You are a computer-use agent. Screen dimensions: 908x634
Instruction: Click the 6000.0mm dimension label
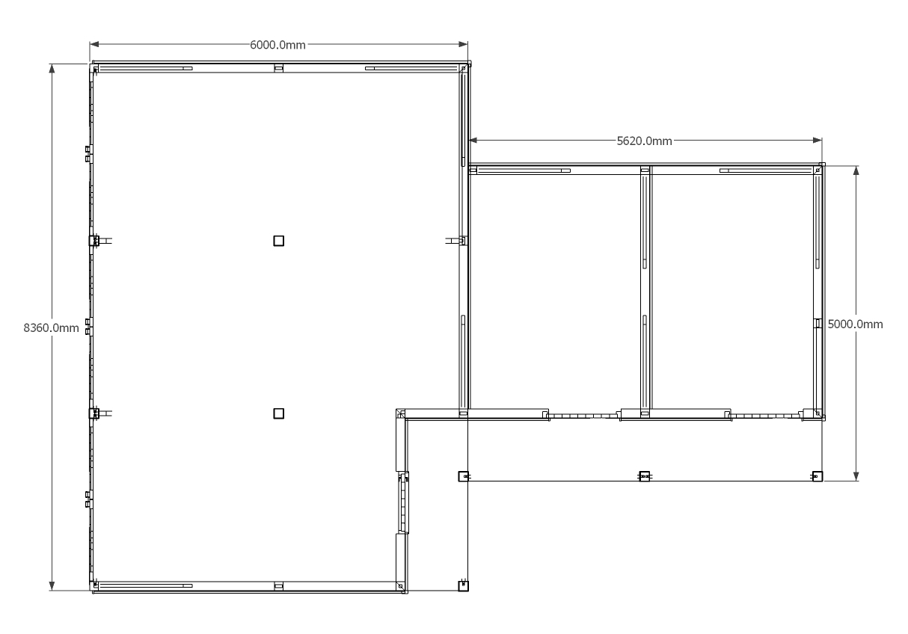pyautogui.click(x=277, y=45)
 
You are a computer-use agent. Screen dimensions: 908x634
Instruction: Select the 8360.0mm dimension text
pyautogui.click(x=51, y=327)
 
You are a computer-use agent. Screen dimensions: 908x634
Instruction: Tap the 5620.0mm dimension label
pyautogui.click(x=644, y=141)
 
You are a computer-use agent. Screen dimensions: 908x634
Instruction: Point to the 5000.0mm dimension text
pyautogui.click(x=856, y=324)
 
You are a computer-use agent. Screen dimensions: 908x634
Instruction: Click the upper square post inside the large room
pyautogui.click(x=278, y=241)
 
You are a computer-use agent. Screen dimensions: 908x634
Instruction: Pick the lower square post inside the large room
pyautogui.click(x=278, y=413)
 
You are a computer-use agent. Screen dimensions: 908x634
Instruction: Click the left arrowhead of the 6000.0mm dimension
pyautogui.click(x=94, y=44)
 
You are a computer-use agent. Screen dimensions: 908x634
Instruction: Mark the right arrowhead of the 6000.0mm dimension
pyautogui.click(x=463, y=44)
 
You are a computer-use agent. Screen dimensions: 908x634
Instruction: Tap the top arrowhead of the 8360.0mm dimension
pyautogui.click(x=52, y=69)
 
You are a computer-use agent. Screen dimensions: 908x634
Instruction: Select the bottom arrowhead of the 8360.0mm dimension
pyautogui.click(x=52, y=586)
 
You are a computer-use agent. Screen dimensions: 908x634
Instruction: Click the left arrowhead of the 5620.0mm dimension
pyautogui.click(x=473, y=140)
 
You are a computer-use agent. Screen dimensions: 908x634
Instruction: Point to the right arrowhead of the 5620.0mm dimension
pyautogui.click(x=817, y=140)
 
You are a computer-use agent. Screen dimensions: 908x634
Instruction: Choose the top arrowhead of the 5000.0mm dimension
pyautogui.click(x=856, y=170)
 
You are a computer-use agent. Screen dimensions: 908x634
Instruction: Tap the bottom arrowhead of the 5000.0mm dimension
pyautogui.click(x=856, y=476)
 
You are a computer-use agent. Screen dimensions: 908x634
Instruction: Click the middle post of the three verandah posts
pyautogui.click(x=644, y=476)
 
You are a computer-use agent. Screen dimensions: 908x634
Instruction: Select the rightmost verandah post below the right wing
pyautogui.click(x=817, y=476)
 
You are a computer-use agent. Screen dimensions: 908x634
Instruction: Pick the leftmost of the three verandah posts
pyautogui.click(x=463, y=476)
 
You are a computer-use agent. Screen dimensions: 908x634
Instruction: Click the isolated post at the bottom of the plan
pyautogui.click(x=463, y=586)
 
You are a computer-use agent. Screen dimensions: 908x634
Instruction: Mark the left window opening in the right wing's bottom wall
pyautogui.click(x=583, y=416)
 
